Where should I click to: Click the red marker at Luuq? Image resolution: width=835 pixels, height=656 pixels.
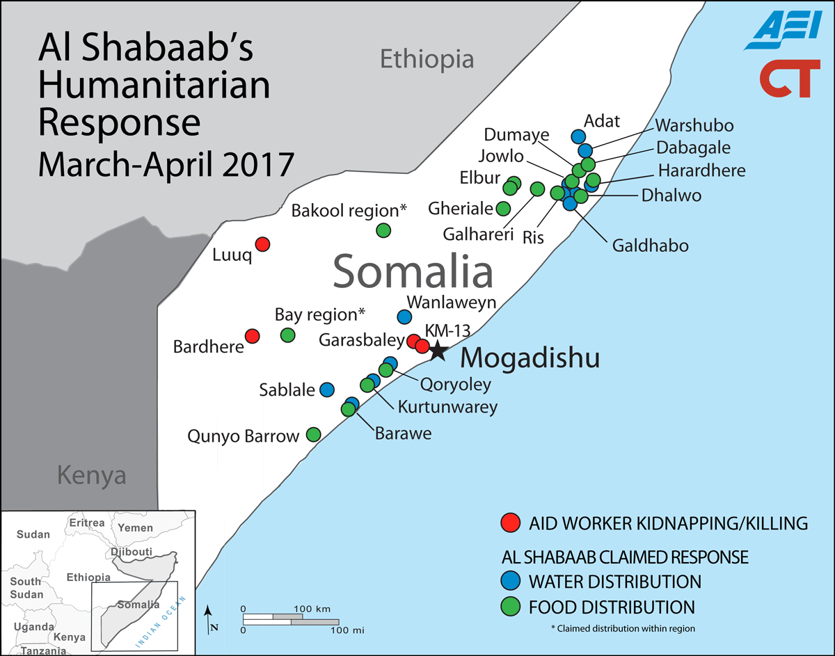coord(262,244)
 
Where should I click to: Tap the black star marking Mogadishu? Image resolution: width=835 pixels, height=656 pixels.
coord(437,351)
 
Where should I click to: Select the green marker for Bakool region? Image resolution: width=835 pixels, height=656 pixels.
coord(383,230)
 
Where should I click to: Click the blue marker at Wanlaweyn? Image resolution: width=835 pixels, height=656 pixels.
coord(404,317)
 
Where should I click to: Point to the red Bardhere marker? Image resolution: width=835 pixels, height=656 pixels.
coord(253,336)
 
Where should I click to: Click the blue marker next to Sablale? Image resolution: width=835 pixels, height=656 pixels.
coord(326,390)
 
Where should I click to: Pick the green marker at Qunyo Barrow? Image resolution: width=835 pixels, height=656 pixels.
coord(313,435)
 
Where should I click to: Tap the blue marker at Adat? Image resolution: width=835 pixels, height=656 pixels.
coord(578,136)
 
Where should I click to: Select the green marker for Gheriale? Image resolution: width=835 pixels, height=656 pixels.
coord(503,208)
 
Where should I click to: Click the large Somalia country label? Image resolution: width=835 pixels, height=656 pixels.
coord(413,272)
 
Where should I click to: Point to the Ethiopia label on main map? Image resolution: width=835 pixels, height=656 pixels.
coord(427,60)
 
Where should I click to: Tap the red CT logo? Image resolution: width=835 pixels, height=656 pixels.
coord(786,79)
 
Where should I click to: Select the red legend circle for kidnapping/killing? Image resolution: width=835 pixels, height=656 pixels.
coord(511,522)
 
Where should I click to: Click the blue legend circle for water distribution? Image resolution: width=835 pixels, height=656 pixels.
coord(511,580)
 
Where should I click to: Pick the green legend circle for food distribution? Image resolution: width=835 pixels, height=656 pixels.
coord(511,607)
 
